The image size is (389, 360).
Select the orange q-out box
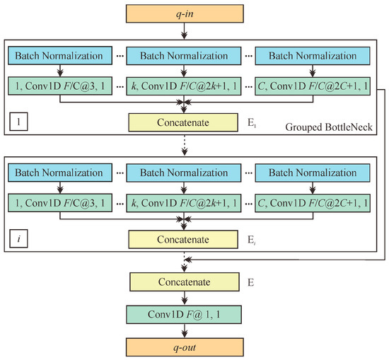click(x=185, y=346)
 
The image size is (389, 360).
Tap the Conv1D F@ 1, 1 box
click(x=185, y=313)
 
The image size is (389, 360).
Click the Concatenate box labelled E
click(x=185, y=282)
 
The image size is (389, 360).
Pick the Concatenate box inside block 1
click(x=185, y=122)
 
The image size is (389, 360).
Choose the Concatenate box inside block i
click(x=185, y=239)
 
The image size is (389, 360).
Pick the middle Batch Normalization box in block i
click(x=185, y=173)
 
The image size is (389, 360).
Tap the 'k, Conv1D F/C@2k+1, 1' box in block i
click(x=185, y=204)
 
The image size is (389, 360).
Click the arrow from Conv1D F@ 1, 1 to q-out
click(x=185, y=329)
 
